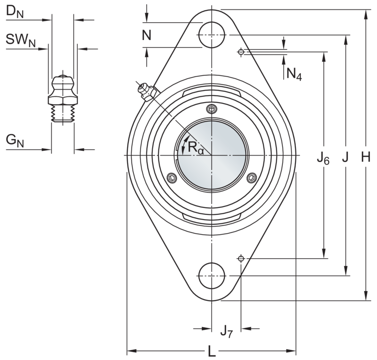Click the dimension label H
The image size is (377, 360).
click(365, 159)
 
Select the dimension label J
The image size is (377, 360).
click(345, 159)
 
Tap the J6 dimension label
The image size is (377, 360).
click(323, 159)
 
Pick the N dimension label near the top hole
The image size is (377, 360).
click(147, 36)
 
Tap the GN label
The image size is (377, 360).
click(14, 140)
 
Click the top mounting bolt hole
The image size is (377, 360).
click(212, 34)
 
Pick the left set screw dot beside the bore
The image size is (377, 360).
click(172, 178)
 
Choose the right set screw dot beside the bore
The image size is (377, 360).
click(251, 178)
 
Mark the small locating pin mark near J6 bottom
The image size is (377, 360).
click(241, 258)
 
